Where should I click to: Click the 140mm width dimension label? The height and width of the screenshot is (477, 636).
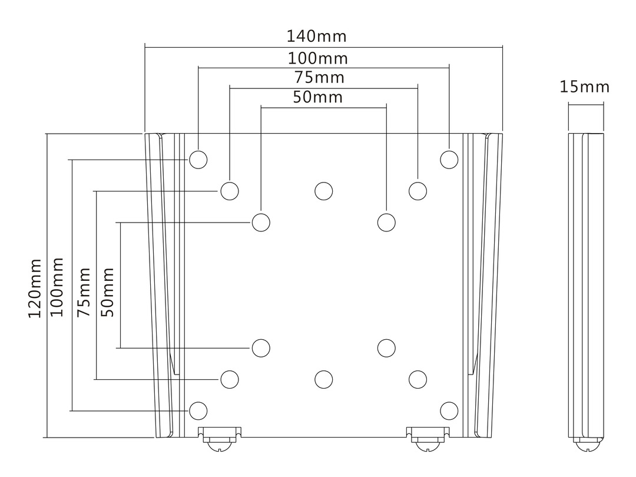point(316,37)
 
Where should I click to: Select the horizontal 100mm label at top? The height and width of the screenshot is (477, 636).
point(317,59)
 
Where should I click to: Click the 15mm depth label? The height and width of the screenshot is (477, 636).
point(584,88)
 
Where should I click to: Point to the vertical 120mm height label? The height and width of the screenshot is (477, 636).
point(35,287)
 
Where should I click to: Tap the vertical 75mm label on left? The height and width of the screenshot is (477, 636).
point(84,292)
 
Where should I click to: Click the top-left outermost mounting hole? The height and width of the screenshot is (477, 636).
point(198,160)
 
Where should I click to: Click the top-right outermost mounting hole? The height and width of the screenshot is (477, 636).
point(449,160)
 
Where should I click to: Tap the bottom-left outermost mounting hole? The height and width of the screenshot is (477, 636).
point(198,410)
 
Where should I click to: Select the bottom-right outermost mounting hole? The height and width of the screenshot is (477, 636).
point(449,410)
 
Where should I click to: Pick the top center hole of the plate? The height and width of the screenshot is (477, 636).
point(323,191)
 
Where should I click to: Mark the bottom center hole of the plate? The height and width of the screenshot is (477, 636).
point(323,379)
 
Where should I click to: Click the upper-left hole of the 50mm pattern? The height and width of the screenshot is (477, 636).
point(261,223)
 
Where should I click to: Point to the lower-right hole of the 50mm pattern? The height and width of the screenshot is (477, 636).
point(386,347)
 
